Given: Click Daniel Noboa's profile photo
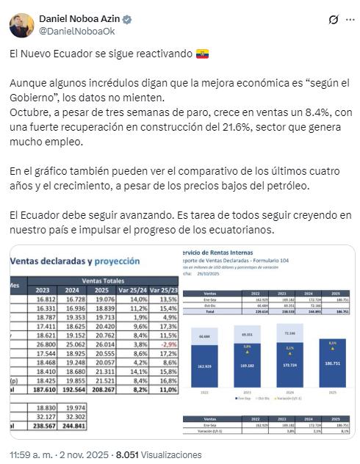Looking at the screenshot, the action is (21, 25).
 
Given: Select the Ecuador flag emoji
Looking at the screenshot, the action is (202, 54).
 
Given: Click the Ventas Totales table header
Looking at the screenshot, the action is (102, 280).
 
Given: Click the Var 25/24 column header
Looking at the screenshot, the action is (134, 289).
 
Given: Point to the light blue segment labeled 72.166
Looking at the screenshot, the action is (290, 334).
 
